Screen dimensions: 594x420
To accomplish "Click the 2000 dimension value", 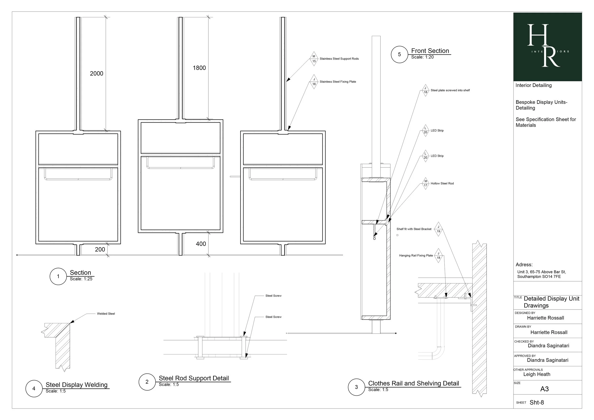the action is click(x=96, y=73).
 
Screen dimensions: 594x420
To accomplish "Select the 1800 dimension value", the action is click(x=199, y=68).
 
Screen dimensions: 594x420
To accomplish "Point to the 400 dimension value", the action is click(x=201, y=244).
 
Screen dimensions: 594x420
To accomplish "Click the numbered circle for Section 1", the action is click(x=58, y=276).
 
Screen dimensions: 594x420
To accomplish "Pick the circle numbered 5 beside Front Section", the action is click(x=399, y=54).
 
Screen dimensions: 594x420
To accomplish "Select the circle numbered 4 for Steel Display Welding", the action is click(x=34, y=388).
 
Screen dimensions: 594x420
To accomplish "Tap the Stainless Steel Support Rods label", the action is click(x=339, y=59).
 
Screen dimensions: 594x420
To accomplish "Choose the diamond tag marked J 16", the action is click(x=314, y=82).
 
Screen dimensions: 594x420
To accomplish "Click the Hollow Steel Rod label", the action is click(x=442, y=183).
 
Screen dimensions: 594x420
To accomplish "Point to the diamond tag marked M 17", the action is click(x=426, y=183).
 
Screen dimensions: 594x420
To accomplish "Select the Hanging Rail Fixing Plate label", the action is click(x=416, y=256).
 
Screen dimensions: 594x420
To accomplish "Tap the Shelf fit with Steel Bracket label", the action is click(x=414, y=229).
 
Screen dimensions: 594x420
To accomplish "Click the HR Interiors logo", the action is click(x=548, y=47).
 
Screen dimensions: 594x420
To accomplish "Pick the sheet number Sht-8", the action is click(x=537, y=402).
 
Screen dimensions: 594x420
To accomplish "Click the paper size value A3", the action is click(x=545, y=389).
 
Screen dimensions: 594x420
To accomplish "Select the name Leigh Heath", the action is click(x=537, y=374).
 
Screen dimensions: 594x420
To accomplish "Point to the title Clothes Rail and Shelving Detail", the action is click(x=413, y=383).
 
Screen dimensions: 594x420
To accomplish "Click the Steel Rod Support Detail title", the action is click(x=194, y=378).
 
